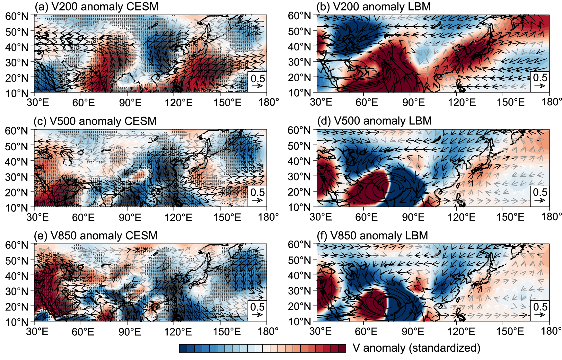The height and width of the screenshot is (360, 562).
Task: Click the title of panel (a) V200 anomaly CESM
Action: (96, 6)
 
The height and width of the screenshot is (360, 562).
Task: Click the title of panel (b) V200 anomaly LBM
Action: (373, 6)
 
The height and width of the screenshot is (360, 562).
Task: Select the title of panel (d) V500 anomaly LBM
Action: (374, 121)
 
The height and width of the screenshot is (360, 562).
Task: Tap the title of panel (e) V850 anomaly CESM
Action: (96, 235)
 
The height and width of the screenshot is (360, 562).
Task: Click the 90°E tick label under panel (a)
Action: (130, 103)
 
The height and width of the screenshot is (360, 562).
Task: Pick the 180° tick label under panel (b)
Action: (552, 102)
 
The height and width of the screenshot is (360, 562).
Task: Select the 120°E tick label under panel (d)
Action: (461, 217)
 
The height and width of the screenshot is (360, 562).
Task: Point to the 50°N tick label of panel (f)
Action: (299, 260)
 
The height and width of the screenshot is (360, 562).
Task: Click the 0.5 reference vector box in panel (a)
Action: (257, 82)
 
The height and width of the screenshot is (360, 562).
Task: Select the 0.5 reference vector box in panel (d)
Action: (540, 196)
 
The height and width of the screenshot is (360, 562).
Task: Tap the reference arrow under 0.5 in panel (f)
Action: (540, 315)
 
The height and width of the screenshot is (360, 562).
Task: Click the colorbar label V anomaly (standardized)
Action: (417, 348)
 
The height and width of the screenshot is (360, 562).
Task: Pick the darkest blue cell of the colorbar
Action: (183, 348)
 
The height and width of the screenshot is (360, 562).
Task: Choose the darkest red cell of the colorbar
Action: (342, 348)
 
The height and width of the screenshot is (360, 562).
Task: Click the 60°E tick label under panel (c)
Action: (83, 217)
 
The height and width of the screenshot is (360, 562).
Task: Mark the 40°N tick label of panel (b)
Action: (299, 47)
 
